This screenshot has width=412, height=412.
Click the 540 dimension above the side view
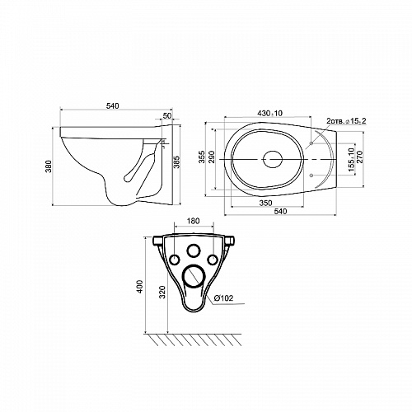(x=113, y=105)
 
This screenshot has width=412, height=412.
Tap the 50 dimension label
(x=167, y=115)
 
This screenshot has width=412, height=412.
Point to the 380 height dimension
(x=49, y=167)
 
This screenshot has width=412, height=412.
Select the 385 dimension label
(x=176, y=162)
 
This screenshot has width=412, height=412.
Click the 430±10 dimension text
(x=269, y=113)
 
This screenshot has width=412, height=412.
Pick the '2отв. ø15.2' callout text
(x=346, y=121)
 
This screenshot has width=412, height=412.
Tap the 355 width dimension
(x=202, y=157)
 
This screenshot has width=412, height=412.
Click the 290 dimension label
(x=212, y=157)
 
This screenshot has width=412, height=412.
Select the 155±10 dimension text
(x=351, y=160)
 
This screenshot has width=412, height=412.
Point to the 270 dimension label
(x=360, y=157)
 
